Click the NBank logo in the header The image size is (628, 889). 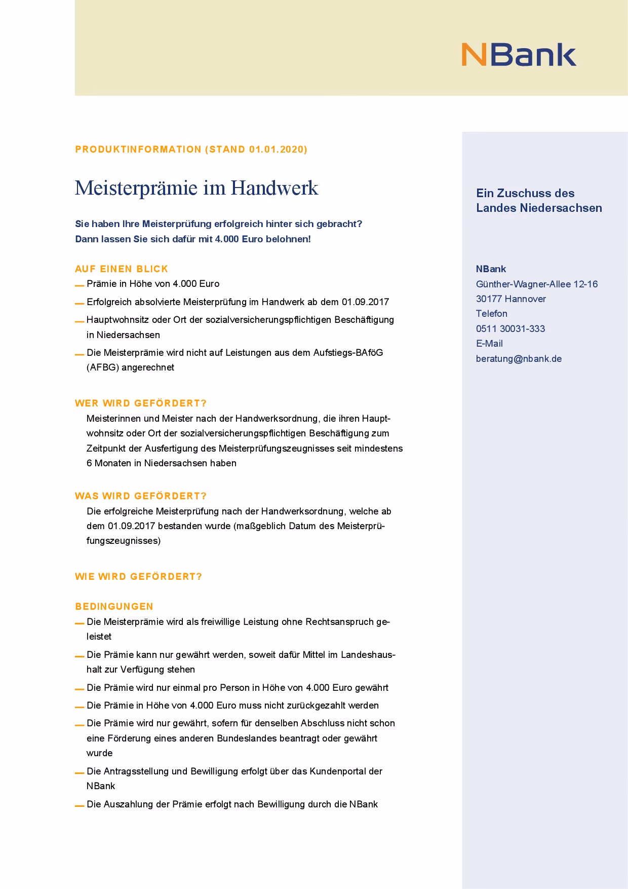(519, 55)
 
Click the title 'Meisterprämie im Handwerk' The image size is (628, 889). (197, 188)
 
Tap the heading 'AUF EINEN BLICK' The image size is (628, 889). (122, 269)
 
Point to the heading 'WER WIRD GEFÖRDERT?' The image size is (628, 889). (141, 403)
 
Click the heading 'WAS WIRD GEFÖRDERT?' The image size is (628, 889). (141, 496)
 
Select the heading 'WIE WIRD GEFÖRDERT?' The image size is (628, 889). (138, 577)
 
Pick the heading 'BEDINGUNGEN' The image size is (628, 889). (114, 607)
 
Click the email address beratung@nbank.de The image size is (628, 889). (519, 359)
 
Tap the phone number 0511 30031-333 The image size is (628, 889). (511, 329)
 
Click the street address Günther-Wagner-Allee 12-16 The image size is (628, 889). (536, 284)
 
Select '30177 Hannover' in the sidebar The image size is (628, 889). (511, 299)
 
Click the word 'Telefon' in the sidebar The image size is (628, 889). (491, 314)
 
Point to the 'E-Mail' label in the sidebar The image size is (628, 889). (489, 344)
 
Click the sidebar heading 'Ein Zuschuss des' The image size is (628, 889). (525, 193)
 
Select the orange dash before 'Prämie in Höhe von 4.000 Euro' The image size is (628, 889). (80, 285)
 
